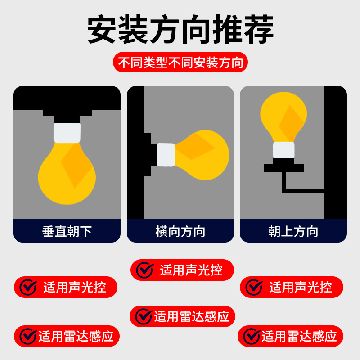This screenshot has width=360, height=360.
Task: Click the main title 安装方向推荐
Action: click(x=180, y=29)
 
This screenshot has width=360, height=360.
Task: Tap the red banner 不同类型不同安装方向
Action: click(x=180, y=62)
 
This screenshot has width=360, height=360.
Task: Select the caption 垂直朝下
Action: click(x=67, y=231)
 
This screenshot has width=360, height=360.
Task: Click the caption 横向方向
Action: click(x=180, y=231)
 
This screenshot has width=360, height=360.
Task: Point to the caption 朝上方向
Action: click(x=293, y=231)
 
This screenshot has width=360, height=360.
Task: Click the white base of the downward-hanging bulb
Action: click(x=67, y=133)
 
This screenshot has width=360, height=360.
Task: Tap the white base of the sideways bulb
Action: click(x=166, y=155)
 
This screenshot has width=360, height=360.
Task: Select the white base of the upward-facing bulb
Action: click(x=283, y=150)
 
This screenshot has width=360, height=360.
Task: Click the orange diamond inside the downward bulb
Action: click(x=76, y=165)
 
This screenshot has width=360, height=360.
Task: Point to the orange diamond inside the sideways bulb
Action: click(x=195, y=146)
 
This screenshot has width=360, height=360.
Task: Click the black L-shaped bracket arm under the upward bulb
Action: click(x=303, y=191)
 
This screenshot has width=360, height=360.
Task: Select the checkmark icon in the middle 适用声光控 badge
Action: click(x=145, y=270)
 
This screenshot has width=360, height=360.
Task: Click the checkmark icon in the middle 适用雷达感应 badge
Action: click(x=144, y=316)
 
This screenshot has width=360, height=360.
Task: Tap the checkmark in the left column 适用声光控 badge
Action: click(x=28, y=287)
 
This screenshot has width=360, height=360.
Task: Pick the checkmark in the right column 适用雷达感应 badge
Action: click(x=252, y=336)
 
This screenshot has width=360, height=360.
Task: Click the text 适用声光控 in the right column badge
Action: click(x=301, y=287)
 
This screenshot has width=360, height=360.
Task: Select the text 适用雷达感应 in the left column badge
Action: click(x=76, y=336)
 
